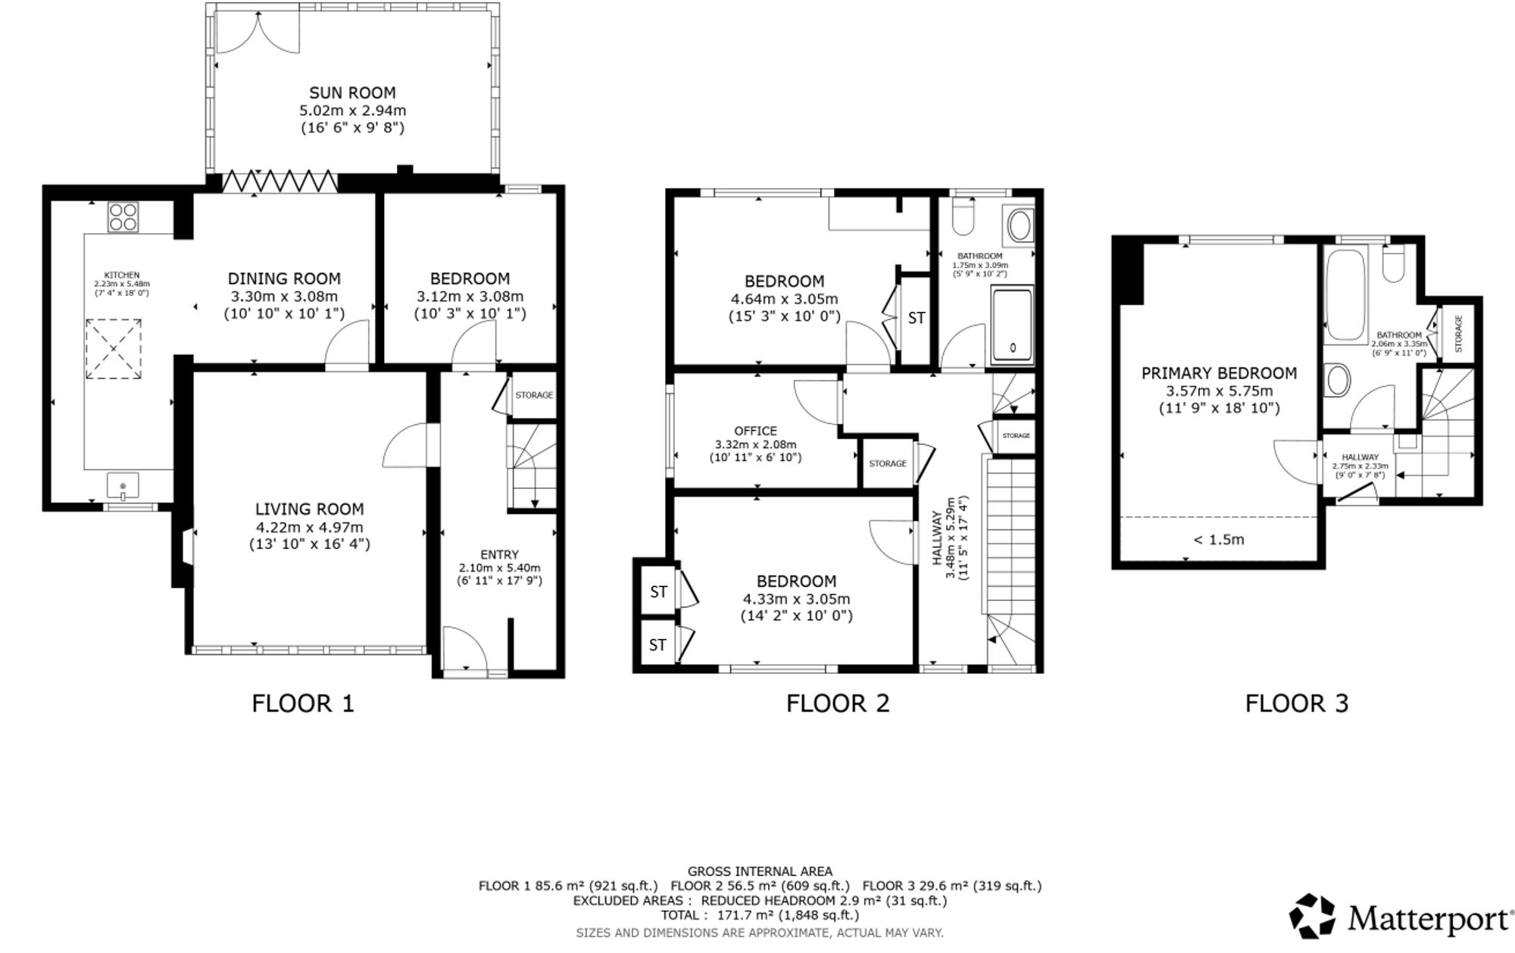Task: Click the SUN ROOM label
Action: (x=352, y=93)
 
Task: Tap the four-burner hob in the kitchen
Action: (x=123, y=217)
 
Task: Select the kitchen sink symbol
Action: (x=123, y=484)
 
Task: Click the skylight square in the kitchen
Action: (x=113, y=349)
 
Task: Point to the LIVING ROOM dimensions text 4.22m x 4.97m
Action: (x=309, y=527)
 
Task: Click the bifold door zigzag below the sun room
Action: (x=280, y=182)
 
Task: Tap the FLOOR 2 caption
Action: (x=837, y=703)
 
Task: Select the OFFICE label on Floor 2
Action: (x=755, y=431)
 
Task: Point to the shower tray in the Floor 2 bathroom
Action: (x=1012, y=325)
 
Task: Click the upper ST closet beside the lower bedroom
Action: (x=658, y=591)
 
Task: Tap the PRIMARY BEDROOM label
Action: (x=1219, y=373)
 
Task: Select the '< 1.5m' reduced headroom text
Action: (x=1219, y=540)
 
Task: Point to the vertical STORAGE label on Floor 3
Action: (x=1458, y=333)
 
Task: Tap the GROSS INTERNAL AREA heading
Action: (x=760, y=872)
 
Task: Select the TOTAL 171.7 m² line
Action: (x=760, y=915)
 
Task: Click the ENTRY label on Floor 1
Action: (x=499, y=554)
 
